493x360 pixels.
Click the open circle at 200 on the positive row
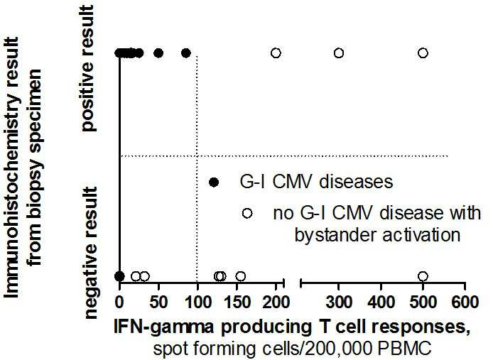276,53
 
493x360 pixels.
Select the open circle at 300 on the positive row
338,53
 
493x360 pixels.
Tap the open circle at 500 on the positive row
423,53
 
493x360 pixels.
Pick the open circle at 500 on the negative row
423,276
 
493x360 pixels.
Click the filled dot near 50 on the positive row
158,53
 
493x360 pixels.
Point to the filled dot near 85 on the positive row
186,53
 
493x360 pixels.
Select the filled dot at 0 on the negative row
119,276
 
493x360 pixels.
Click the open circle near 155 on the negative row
241,276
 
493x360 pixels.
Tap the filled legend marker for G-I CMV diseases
214,182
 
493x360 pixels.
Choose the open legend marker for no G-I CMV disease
247,214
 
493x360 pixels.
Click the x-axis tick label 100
197,302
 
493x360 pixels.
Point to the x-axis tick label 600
465,302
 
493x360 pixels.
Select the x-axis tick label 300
339,302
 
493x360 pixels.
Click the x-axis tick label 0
119,302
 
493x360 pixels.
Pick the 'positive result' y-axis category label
87,68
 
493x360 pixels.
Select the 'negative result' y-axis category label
92,253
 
